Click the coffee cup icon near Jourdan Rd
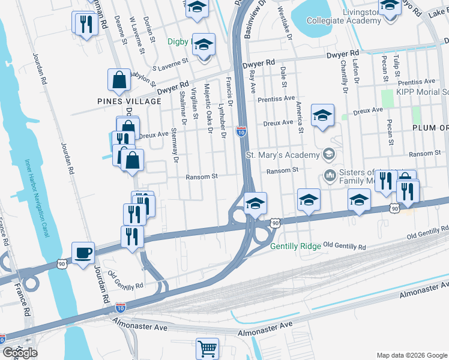pyautogui.click(x=83, y=252)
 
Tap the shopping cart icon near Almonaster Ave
pyautogui.click(x=207, y=348)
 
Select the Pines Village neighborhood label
pyautogui.click(x=129, y=101)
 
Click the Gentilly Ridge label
pyautogui.click(x=295, y=247)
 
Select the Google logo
pyautogui.click(x=20, y=353)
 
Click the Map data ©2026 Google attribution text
pyautogui.click(x=411, y=355)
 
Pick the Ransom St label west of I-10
pyautogui.click(x=200, y=176)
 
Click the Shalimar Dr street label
pyautogui.click(x=183, y=109)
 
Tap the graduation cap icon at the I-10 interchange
pyautogui.click(x=255, y=203)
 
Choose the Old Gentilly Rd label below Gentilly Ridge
pyautogui.click(x=345, y=247)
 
